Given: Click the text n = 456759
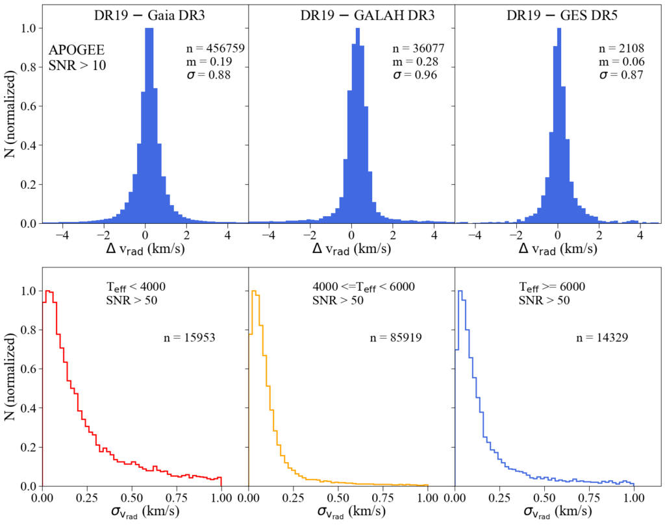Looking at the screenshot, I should pyautogui.click(x=215, y=49).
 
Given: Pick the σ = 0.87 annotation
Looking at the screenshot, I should pyautogui.click(x=620, y=75).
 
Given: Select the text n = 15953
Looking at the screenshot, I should pyautogui.click(x=189, y=337).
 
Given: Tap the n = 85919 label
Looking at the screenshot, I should pyautogui.click(x=395, y=337).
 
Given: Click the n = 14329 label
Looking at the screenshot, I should pyautogui.click(x=602, y=337).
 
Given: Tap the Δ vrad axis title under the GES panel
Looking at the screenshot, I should pyautogui.click(x=558, y=249).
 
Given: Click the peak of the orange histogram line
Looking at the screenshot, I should pyautogui.click(x=255, y=291).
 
